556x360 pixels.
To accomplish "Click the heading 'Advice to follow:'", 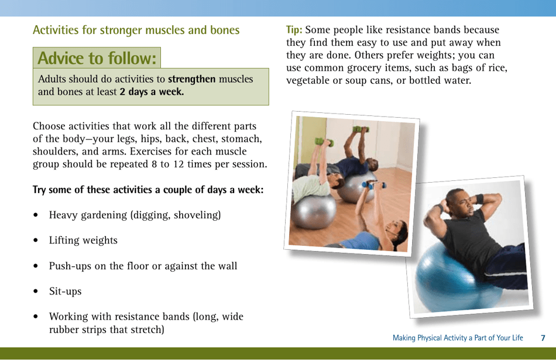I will point(97,59).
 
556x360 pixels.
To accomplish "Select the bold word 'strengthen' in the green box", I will point(191,79).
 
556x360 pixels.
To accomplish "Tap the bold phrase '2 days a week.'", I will point(152,92).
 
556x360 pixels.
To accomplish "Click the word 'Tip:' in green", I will point(294,30).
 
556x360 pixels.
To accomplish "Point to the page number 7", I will point(543,338).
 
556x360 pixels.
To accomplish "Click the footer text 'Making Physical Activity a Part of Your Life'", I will point(458,338).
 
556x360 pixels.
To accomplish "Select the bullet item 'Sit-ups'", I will point(65,292).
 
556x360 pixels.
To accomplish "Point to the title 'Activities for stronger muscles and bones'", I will point(136,30).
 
